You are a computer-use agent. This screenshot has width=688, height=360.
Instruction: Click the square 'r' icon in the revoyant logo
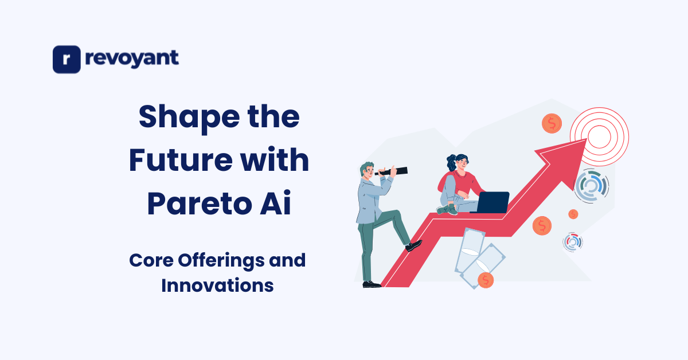pyautogui.click(x=67, y=60)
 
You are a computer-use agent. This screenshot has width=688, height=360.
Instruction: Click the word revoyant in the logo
pyautogui.click(x=131, y=58)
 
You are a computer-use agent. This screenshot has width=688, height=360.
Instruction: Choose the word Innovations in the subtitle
pyautogui.click(x=217, y=285)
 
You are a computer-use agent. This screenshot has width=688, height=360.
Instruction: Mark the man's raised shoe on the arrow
pyautogui.click(x=414, y=245)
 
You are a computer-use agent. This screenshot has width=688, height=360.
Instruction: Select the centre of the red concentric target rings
pyautogui.click(x=599, y=136)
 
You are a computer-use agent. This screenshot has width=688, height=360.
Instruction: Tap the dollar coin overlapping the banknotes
pyautogui.click(x=486, y=280)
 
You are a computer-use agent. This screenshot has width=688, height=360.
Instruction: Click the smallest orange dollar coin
pyautogui.click(x=573, y=214)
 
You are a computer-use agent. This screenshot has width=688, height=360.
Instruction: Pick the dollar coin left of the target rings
pyautogui.click(x=552, y=123)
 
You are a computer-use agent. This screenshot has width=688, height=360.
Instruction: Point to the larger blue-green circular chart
pyautogui.click(x=591, y=186)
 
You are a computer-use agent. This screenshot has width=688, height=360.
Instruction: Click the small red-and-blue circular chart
pyautogui.click(x=573, y=241)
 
